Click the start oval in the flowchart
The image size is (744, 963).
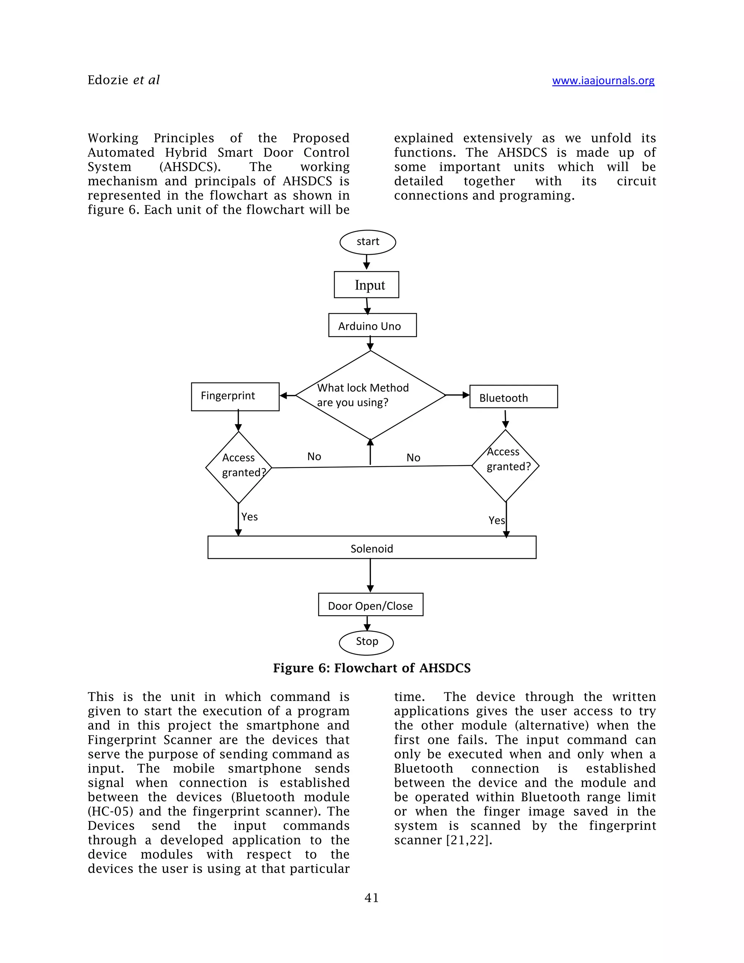368,242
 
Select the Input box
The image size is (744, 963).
366,285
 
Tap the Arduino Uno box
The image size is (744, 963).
372,325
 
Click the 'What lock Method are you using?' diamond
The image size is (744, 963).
370,395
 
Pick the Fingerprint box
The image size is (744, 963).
235,396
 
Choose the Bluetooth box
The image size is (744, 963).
513,397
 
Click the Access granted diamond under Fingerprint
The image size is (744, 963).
238,467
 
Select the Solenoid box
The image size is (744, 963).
372,548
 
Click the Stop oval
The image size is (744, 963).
366,642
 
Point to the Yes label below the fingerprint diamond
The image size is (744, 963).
250,517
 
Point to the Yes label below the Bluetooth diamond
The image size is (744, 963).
496,520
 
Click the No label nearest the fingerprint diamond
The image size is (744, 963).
314,456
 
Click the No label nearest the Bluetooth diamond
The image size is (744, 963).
413,458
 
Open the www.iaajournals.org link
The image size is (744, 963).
603,80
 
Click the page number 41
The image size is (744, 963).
372,898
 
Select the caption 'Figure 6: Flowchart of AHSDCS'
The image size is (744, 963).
372,668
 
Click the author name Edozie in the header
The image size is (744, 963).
108,80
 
